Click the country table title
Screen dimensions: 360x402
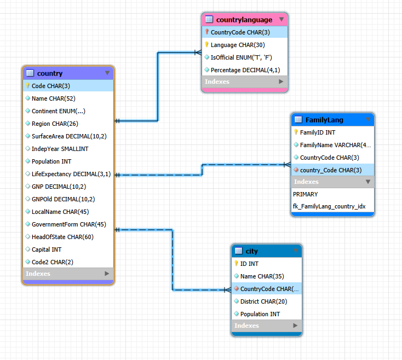(50, 73)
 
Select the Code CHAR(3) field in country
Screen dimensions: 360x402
(50, 86)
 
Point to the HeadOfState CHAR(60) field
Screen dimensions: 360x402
(62, 237)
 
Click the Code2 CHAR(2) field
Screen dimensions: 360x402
(52, 262)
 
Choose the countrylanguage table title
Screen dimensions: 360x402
(244, 20)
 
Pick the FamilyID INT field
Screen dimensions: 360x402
(318, 132)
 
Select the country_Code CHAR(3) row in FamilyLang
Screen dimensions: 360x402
(330, 170)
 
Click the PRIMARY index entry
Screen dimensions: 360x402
(306, 194)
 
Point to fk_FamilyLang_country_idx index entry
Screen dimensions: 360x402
(329, 207)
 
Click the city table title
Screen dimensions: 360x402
(251, 251)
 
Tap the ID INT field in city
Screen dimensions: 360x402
(249, 264)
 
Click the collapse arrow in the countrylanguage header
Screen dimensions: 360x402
(282, 20)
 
